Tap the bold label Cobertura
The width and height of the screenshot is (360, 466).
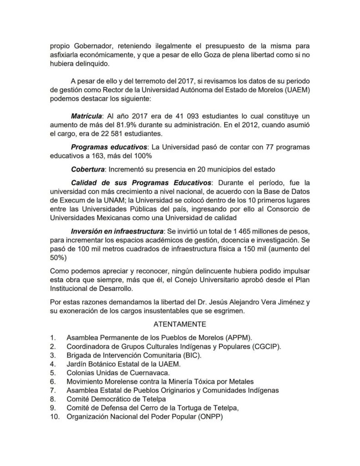[x=87, y=170]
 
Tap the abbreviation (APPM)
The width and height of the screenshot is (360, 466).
[x=238, y=338]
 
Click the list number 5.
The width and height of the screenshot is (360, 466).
[x=53, y=373]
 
